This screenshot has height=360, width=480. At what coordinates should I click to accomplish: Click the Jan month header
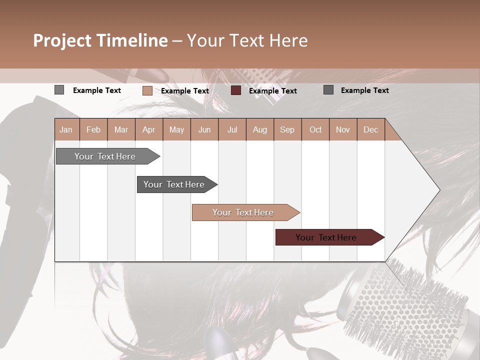coord(66,129)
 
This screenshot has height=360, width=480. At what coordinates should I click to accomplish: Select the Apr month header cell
coord(149,129)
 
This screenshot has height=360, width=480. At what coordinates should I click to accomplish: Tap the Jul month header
coord(232,129)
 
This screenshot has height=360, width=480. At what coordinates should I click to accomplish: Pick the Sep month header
coord(287,129)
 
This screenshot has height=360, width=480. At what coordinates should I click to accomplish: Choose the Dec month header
coord(370,129)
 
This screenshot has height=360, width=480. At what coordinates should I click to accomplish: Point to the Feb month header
coord(93,129)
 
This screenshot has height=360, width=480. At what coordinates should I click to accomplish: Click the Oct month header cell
coord(315,129)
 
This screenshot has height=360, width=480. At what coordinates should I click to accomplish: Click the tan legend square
coord(147,90)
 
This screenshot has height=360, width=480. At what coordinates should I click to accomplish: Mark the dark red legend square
coord(236,90)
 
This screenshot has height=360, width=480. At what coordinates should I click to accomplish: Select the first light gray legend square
coord(59,90)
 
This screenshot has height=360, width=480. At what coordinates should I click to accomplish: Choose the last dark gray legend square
coord(328,90)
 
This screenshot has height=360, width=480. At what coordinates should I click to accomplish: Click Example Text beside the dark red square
coord(272,91)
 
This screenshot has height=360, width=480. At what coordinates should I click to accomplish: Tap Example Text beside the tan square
coord(184,91)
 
